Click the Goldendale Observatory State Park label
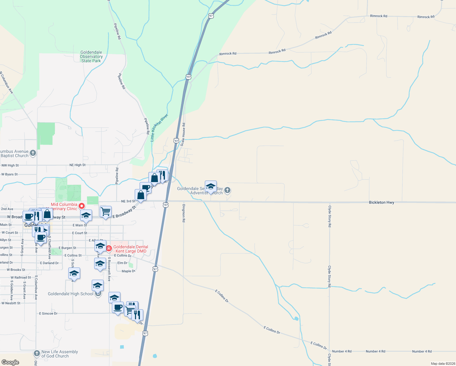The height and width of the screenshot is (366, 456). (x=91, y=57)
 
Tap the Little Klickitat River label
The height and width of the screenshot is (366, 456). (x=159, y=128)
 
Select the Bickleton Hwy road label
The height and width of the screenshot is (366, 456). (x=381, y=203)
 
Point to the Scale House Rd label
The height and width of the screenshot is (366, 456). (x=183, y=135)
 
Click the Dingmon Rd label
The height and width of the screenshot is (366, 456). (x=184, y=213)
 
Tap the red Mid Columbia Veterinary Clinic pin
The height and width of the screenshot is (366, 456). (x=82, y=206)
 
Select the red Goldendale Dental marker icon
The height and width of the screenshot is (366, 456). (x=109, y=249)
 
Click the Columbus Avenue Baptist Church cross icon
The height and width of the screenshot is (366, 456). (x=33, y=153)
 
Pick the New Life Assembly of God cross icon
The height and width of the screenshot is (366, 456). (x=37, y=353)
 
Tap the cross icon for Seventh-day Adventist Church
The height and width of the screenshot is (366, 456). (x=227, y=190)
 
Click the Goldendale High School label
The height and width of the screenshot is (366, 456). (x=70, y=294)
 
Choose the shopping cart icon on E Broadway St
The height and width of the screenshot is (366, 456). (x=105, y=211)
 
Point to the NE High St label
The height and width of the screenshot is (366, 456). (x=77, y=165)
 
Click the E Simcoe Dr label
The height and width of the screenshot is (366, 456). (x=48, y=314)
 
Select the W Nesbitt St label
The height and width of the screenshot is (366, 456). (x=11, y=303)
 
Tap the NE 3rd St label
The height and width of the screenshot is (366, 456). (x=128, y=201)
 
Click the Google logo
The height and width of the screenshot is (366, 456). (x=10, y=362)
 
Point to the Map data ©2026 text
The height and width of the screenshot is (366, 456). (x=442, y=364)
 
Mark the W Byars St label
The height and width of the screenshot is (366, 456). (x=9, y=174)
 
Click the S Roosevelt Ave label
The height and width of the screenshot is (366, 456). (x=109, y=269)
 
